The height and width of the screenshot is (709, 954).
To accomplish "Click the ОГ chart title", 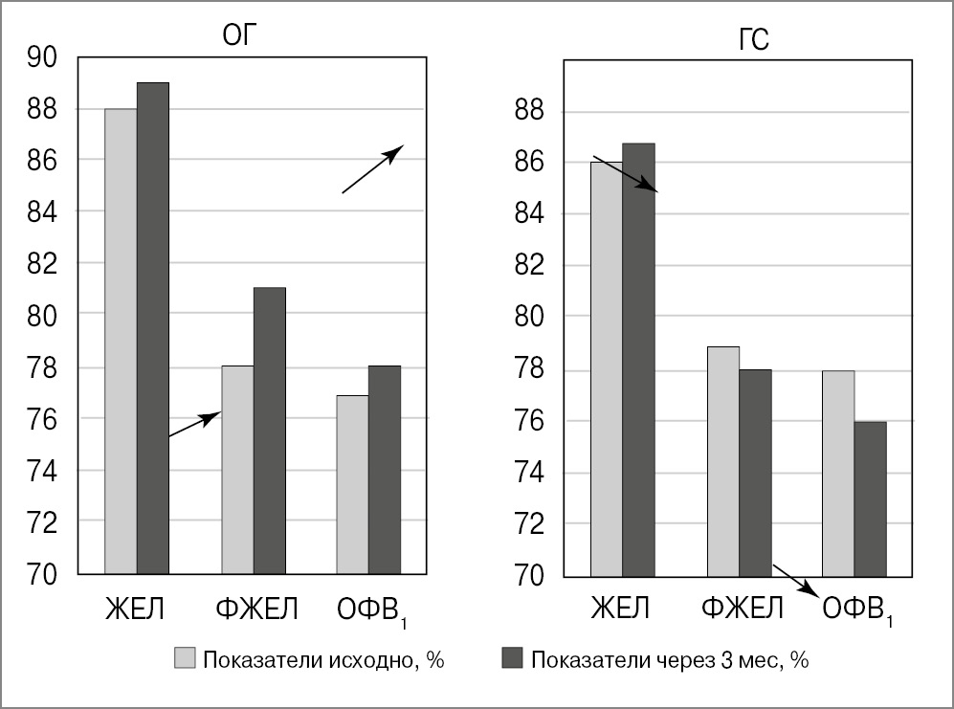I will [240, 36].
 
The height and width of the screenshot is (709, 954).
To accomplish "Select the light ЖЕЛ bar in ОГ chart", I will [121, 341].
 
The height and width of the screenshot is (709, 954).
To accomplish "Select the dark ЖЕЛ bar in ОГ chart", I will [153, 327].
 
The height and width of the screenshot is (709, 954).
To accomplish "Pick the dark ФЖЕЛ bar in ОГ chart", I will [269, 430].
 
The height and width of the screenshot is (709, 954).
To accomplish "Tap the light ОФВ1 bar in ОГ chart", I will [352, 484].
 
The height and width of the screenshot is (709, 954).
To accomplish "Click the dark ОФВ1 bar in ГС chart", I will [870, 499].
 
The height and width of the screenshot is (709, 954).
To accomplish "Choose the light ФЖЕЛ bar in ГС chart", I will [723, 461].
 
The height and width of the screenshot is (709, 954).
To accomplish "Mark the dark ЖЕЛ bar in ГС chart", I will [638, 360].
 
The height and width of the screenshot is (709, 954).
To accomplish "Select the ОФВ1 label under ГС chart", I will [857, 609].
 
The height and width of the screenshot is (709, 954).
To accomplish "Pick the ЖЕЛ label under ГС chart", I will [621, 609].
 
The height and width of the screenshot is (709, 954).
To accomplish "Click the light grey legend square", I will [185, 659].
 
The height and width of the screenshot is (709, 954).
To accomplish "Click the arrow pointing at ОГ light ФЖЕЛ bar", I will [195, 425].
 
